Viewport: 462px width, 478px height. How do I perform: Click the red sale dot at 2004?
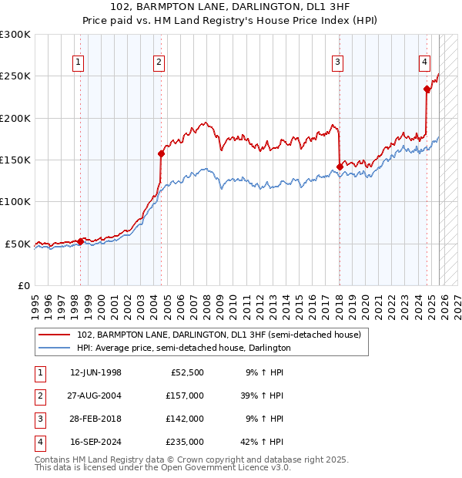pos(161,153)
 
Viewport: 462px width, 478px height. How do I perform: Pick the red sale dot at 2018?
pos(340,166)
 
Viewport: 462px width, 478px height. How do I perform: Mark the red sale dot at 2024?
pos(427,89)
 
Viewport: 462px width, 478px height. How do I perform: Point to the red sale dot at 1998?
pos(81,241)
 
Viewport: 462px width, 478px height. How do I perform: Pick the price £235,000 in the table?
pos(186,442)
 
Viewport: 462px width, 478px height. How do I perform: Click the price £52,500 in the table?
pos(188,372)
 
